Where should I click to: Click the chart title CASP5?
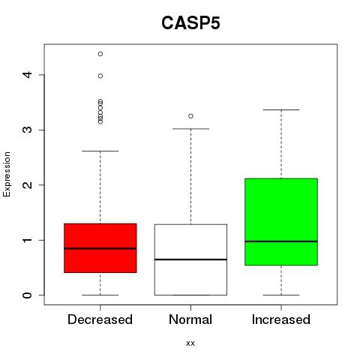[190, 23]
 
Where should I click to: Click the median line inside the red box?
[100, 248]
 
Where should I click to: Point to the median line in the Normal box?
[190, 259]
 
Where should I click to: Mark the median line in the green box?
[281, 241]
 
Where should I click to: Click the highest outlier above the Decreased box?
[100, 54]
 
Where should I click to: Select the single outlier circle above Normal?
[190, 116]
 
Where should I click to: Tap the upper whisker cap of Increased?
[281, 109]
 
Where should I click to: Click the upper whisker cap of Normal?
[190, 129]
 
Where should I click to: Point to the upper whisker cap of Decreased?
[100, 151]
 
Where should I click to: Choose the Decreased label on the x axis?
[100, 319]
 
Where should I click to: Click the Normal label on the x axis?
[190, 319]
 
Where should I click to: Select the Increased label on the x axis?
[281, 319]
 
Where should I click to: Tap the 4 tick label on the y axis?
[27, 74]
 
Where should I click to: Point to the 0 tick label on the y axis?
[27, 295]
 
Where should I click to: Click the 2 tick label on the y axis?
[27, 184]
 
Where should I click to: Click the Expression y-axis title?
[7, 174]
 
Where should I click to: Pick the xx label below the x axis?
[190, 343]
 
